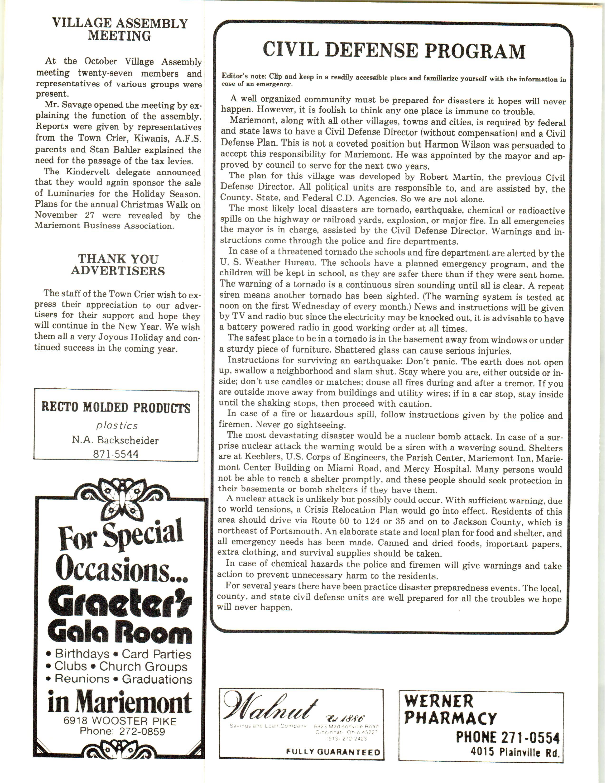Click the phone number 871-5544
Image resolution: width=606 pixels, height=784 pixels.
[115, 454]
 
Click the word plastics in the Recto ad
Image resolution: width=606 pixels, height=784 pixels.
[117, 425]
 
